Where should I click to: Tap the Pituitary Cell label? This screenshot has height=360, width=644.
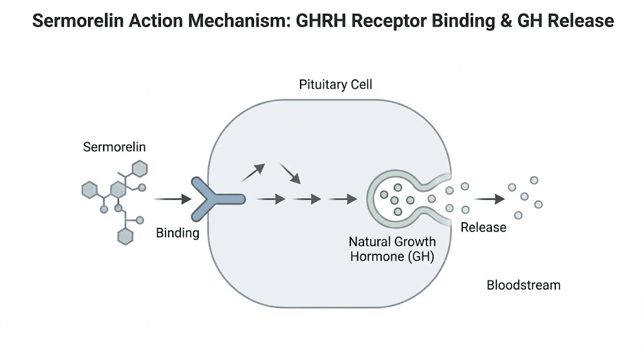pos(335,84)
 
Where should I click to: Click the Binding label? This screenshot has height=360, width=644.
pos(177,233)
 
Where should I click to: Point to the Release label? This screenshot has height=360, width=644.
pos(483,227)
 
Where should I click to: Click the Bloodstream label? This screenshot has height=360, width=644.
pos(523,285)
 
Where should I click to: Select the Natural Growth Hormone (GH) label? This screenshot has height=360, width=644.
pos(392,249)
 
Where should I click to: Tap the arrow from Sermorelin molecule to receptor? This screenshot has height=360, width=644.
pos(172,200)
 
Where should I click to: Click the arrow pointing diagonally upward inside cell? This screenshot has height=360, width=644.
pos(253,172)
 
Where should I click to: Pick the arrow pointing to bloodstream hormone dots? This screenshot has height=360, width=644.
pos(489,200)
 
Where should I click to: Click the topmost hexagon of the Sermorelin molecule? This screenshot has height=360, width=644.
pos(139,168)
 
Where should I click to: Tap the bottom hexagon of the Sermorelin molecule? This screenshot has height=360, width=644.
pos(126,236)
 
